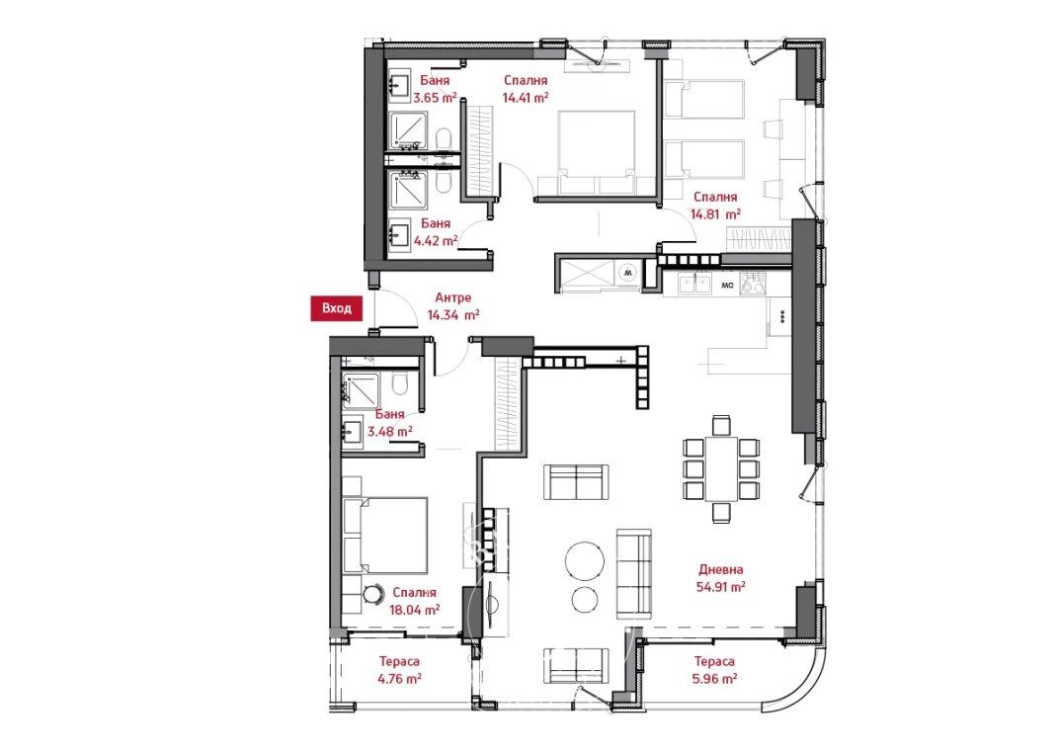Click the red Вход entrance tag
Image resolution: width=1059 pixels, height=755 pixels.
tap(336, 308)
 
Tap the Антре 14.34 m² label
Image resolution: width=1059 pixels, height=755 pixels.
tap(453, 306)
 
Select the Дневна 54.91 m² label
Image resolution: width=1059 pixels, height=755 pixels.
tap(720, 578)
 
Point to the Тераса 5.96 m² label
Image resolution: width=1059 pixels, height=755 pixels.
tap(714, 670)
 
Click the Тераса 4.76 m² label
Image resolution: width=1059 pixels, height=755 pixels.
tap(399, 670)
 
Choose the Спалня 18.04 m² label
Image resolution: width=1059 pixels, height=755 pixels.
tap(415, 601)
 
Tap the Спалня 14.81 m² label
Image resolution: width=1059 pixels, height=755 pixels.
tap(715, 206)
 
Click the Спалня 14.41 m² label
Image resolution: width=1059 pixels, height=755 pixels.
tap(525, 89)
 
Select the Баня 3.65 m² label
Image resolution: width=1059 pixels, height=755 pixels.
tap(435, 89)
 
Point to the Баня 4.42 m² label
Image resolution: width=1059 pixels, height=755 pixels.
tap(436, 231)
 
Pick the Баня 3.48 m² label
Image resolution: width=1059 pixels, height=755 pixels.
tap(389, 422)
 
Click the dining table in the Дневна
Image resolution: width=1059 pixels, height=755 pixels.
tap(721, 468)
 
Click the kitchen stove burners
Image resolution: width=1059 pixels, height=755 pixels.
tap(753, 284)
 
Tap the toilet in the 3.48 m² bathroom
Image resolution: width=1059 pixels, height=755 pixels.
tap(400, 384)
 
